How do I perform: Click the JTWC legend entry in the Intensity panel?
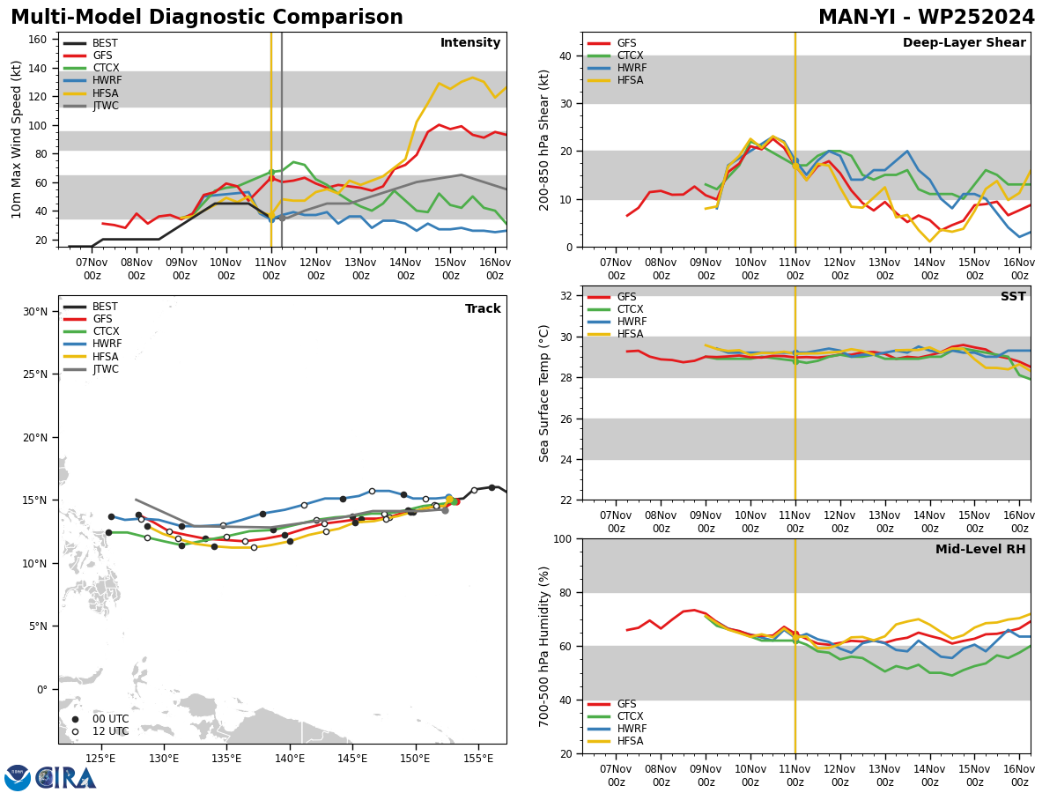tap(91, 106)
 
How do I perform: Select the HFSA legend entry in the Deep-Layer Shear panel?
tap(616, 80)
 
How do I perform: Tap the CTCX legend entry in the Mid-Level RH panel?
tap(616, 716)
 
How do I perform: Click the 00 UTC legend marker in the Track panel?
tap(75, 719)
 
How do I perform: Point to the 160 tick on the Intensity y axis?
tap(37, 40)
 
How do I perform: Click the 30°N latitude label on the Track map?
tap(35, 312)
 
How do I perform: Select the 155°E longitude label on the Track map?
tap(478, 760)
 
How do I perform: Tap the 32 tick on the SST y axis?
tap(565, 296)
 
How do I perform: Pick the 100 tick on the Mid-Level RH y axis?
tap(563, 539)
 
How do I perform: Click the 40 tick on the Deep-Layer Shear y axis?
tap(565, 56)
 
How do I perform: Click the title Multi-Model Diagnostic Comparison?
tap(207, 18)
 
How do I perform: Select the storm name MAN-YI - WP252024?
tap(927, 18)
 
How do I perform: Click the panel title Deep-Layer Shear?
tap(964, 42)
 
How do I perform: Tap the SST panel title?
tap(1013, 296)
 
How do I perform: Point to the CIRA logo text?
tap(66, 779)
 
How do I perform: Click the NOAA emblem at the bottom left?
tap(18, 778)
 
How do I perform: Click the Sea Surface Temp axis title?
tap(543, 394)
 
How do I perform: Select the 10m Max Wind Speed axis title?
tap(16, 139)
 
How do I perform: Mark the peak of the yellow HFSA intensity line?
tap(472, 78)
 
